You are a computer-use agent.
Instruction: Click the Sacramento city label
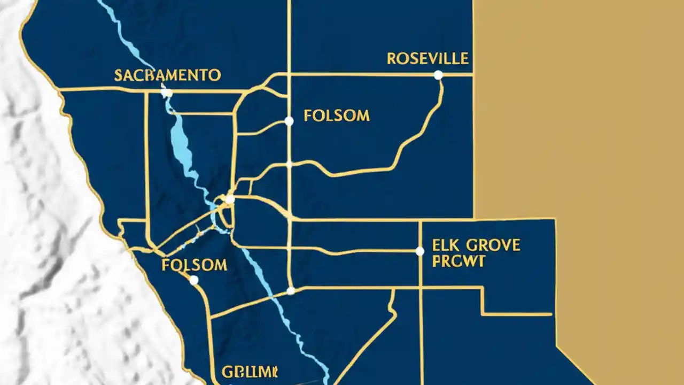[167, 75]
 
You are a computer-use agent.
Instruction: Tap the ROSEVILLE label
[428, 58]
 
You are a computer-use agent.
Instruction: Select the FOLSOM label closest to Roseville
[337, 115]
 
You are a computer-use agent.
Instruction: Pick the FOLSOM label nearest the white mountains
[194, 265]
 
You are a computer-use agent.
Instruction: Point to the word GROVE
[493, 245]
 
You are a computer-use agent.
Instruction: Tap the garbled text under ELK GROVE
[458, 261]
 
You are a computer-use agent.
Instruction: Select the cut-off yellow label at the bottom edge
[249, 372]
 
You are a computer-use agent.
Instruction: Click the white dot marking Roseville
[438, 75]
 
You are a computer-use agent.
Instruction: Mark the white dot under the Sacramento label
[166, 93]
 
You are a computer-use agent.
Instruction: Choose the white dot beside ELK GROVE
[420, 251]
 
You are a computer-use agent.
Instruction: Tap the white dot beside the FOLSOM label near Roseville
[289, 121]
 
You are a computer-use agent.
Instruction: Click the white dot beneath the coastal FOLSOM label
[194, 280]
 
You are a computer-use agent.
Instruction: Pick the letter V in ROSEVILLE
[436, 58]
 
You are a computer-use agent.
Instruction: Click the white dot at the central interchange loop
[230, 200]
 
